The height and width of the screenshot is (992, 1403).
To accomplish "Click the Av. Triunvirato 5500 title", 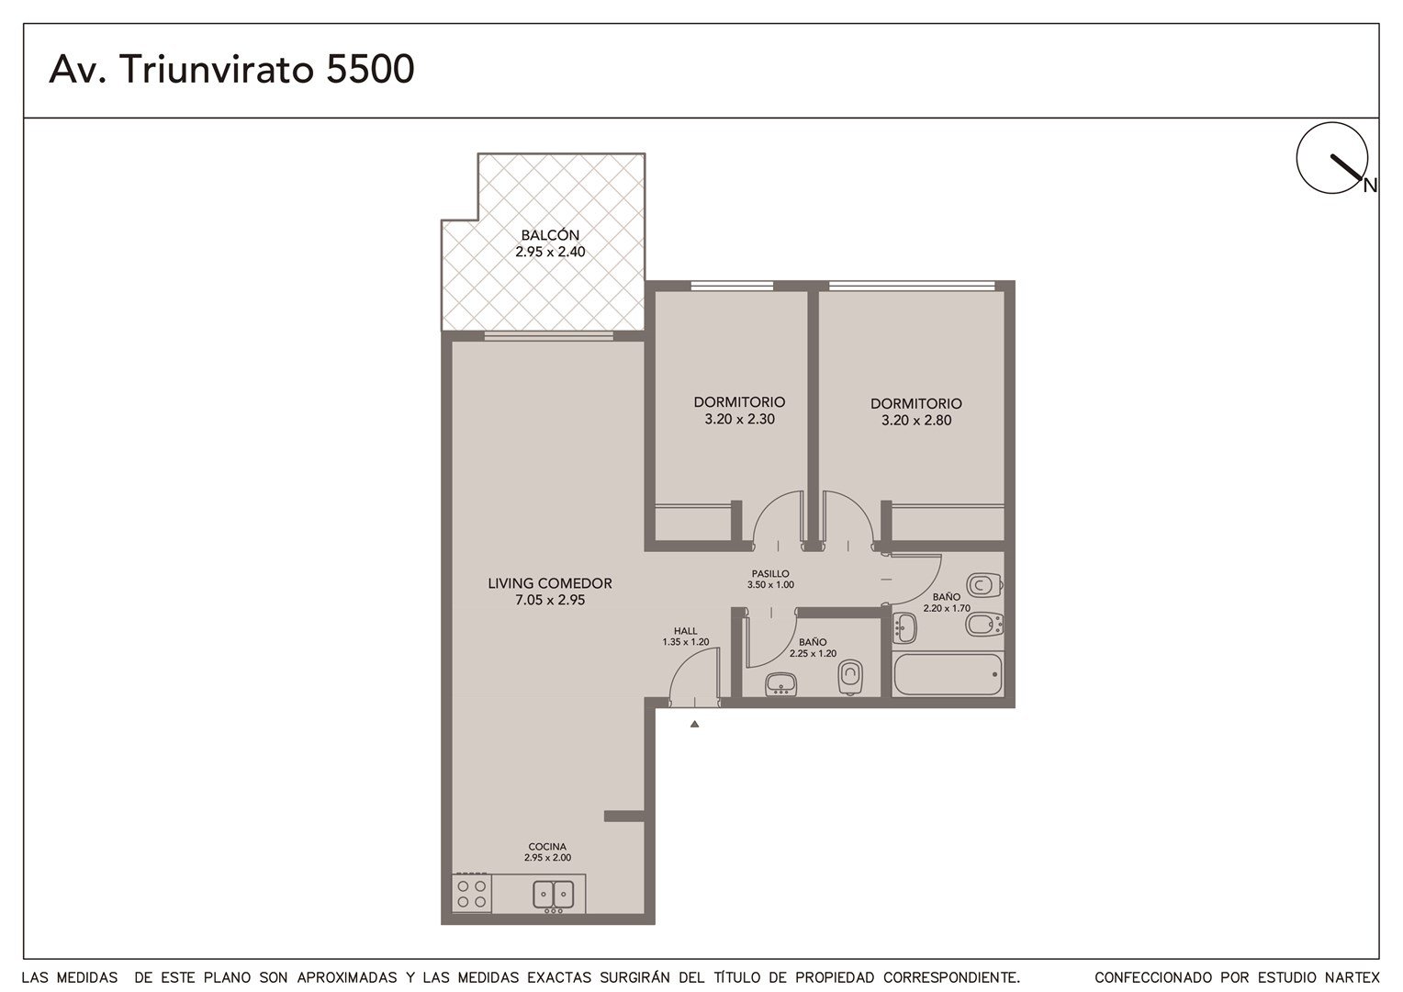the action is coord(231,69).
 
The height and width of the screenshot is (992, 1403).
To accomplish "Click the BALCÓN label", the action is coord(550,235).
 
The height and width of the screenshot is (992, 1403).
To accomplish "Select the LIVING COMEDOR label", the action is coord(550,583).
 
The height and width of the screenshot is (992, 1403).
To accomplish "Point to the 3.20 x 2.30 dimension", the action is coord(739,419).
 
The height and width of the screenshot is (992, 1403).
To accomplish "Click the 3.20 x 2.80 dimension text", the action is coord(916,421).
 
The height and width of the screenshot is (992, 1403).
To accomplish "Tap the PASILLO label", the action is coord(770,573).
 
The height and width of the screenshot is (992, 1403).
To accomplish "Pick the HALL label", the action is coord(685,631).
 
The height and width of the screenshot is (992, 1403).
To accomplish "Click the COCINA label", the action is coord(547,847).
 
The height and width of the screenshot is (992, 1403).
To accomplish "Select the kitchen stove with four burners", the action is coord(472,895).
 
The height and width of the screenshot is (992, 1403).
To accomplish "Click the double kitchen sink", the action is coord(553,895).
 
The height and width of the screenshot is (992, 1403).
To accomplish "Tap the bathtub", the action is coord(948,674).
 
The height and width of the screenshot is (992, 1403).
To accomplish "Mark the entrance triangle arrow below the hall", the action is coord(694,725).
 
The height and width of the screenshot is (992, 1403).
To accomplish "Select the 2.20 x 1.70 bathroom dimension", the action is coord(947,608).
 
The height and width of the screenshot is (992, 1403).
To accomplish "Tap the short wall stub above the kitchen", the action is coord(624,816).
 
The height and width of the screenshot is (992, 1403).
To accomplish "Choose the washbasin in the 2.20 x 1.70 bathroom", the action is coord(904,628).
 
